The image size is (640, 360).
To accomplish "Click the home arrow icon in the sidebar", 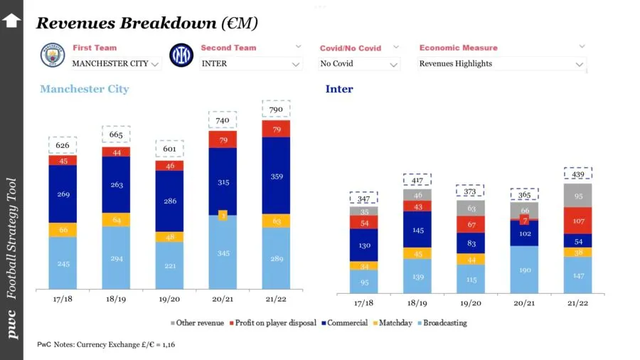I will coord(11,20).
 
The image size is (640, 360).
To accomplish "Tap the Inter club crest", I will coord(181,55).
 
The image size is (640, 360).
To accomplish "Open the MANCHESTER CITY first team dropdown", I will coord(117,63).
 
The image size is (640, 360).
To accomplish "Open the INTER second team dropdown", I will coord(250,63).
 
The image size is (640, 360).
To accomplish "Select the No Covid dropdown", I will coord(359,63).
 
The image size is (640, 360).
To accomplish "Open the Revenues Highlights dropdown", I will coord(502,63).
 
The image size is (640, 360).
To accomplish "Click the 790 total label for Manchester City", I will coord(276,109).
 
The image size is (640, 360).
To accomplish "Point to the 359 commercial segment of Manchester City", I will coord(276,176).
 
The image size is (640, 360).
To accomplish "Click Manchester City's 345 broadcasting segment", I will coord(223,253).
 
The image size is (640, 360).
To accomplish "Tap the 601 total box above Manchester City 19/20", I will coord(169,149).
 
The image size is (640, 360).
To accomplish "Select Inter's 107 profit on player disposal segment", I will coord(577,221).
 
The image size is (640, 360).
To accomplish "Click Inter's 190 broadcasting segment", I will coord(524,270).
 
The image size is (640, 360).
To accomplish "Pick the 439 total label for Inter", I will coord(577,174).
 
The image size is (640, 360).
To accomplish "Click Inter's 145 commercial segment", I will coord(417,230).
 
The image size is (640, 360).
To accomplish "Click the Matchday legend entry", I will coord(394,323).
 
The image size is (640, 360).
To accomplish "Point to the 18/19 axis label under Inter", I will coord(417,302).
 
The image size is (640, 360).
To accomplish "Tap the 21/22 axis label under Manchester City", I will coord(276,300).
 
